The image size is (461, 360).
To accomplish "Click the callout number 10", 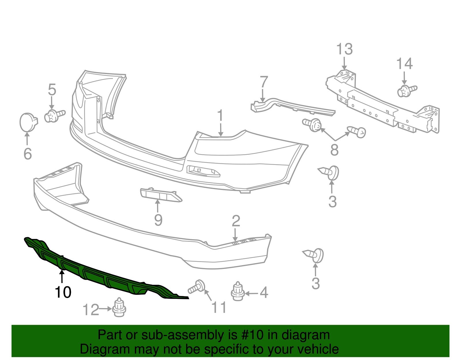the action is (63, 292).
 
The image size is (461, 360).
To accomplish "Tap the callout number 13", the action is (344, 49).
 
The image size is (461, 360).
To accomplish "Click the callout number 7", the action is (264, 82).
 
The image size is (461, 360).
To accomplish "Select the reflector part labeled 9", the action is (160, 195).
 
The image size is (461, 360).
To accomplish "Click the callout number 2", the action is (236, 221).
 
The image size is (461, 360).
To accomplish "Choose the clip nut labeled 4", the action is (238, 292).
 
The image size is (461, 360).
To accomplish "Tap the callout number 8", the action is (334, 150).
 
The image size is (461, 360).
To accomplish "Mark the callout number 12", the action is (91, 310).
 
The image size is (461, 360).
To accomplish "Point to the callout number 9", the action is (158, 220).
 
